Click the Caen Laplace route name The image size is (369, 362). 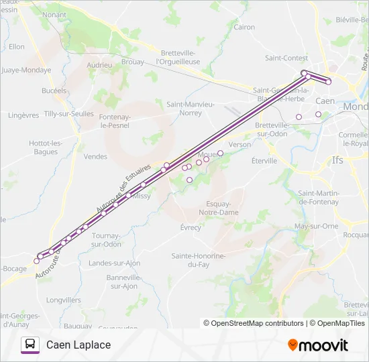[78, 345]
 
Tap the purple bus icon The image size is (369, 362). [30, 345]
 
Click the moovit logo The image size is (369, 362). [318, 345]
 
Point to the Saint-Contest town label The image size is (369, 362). [286, 58]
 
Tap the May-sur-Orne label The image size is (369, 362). [316, 226]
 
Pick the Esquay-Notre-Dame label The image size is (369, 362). [219, 208]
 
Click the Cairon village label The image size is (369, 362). [244, 27]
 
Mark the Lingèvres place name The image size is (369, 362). [23, 115]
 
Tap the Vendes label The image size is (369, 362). [96, 157]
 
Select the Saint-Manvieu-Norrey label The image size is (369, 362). [191, 108]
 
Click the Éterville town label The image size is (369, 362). [264, 161]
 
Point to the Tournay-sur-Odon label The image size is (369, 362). [106, 240]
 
